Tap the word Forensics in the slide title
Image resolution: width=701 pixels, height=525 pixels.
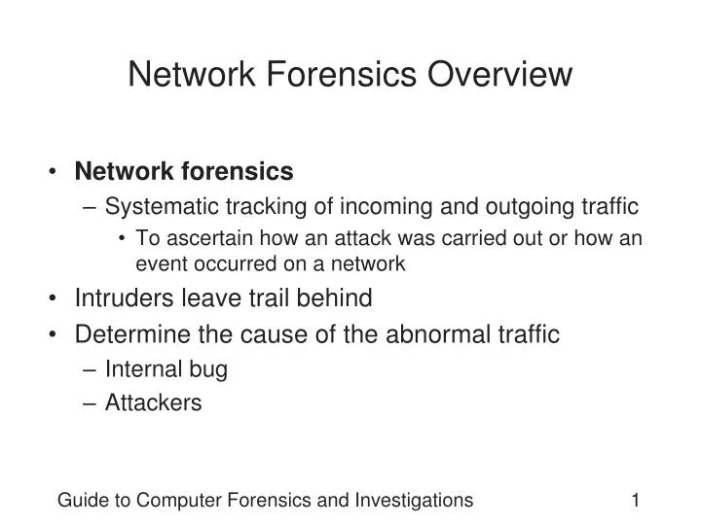[343, 74]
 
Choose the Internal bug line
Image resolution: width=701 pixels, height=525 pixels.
[166, 369]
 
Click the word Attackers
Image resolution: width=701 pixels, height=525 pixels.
[153, 402]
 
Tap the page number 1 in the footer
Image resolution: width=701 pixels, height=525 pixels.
[635, 501]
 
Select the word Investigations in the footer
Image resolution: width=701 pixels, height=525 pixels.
[416, 501]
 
